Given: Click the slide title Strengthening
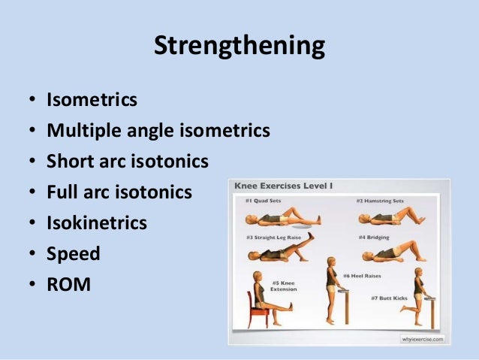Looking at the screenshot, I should click(239, 46).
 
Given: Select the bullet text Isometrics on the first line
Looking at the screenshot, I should click(92, 100).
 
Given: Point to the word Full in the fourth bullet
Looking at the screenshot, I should click(62, 192).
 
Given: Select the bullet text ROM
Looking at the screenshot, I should click(68, 285).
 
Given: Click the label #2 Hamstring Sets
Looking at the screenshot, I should click(379, 201).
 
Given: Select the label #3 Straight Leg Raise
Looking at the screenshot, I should click(272, 237).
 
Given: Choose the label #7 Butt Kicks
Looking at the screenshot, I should click(387, 298).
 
